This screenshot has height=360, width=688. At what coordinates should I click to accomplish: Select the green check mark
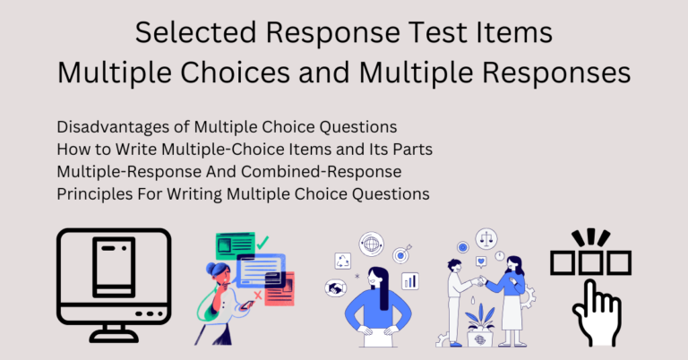262,243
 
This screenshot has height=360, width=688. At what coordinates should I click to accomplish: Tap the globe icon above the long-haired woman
371,244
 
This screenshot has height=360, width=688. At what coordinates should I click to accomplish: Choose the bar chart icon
410,281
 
